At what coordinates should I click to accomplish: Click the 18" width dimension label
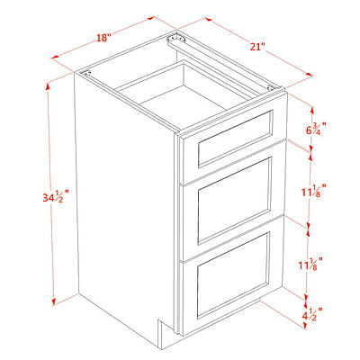(x=103, y=38)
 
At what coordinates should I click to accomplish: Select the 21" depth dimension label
(x=257, y=47)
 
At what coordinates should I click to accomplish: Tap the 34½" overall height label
(x=56, y=197)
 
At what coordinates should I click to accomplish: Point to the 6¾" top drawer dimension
(x=316, y=130)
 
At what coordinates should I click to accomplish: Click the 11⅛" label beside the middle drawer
(x=314, y=191)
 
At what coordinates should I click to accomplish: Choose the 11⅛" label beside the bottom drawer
(x=311, y=265)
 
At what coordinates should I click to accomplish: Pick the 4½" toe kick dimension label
(x=314, y=314)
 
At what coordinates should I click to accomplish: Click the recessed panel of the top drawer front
(x=235, y=139)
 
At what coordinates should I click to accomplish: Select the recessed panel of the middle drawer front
(x=235, y=200)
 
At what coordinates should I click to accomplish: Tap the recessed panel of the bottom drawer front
(x=233, y=274)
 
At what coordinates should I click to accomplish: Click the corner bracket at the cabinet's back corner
(x=176, y=39)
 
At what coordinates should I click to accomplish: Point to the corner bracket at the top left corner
(x=85, y=73)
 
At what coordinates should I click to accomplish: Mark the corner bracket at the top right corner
(x=271, y=88)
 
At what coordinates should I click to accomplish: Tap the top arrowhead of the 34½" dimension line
(x=48, y=86)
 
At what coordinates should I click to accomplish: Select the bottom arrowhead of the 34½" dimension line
(x=54, y=301)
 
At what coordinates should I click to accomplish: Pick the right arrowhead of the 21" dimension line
(x=309, y=75)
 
